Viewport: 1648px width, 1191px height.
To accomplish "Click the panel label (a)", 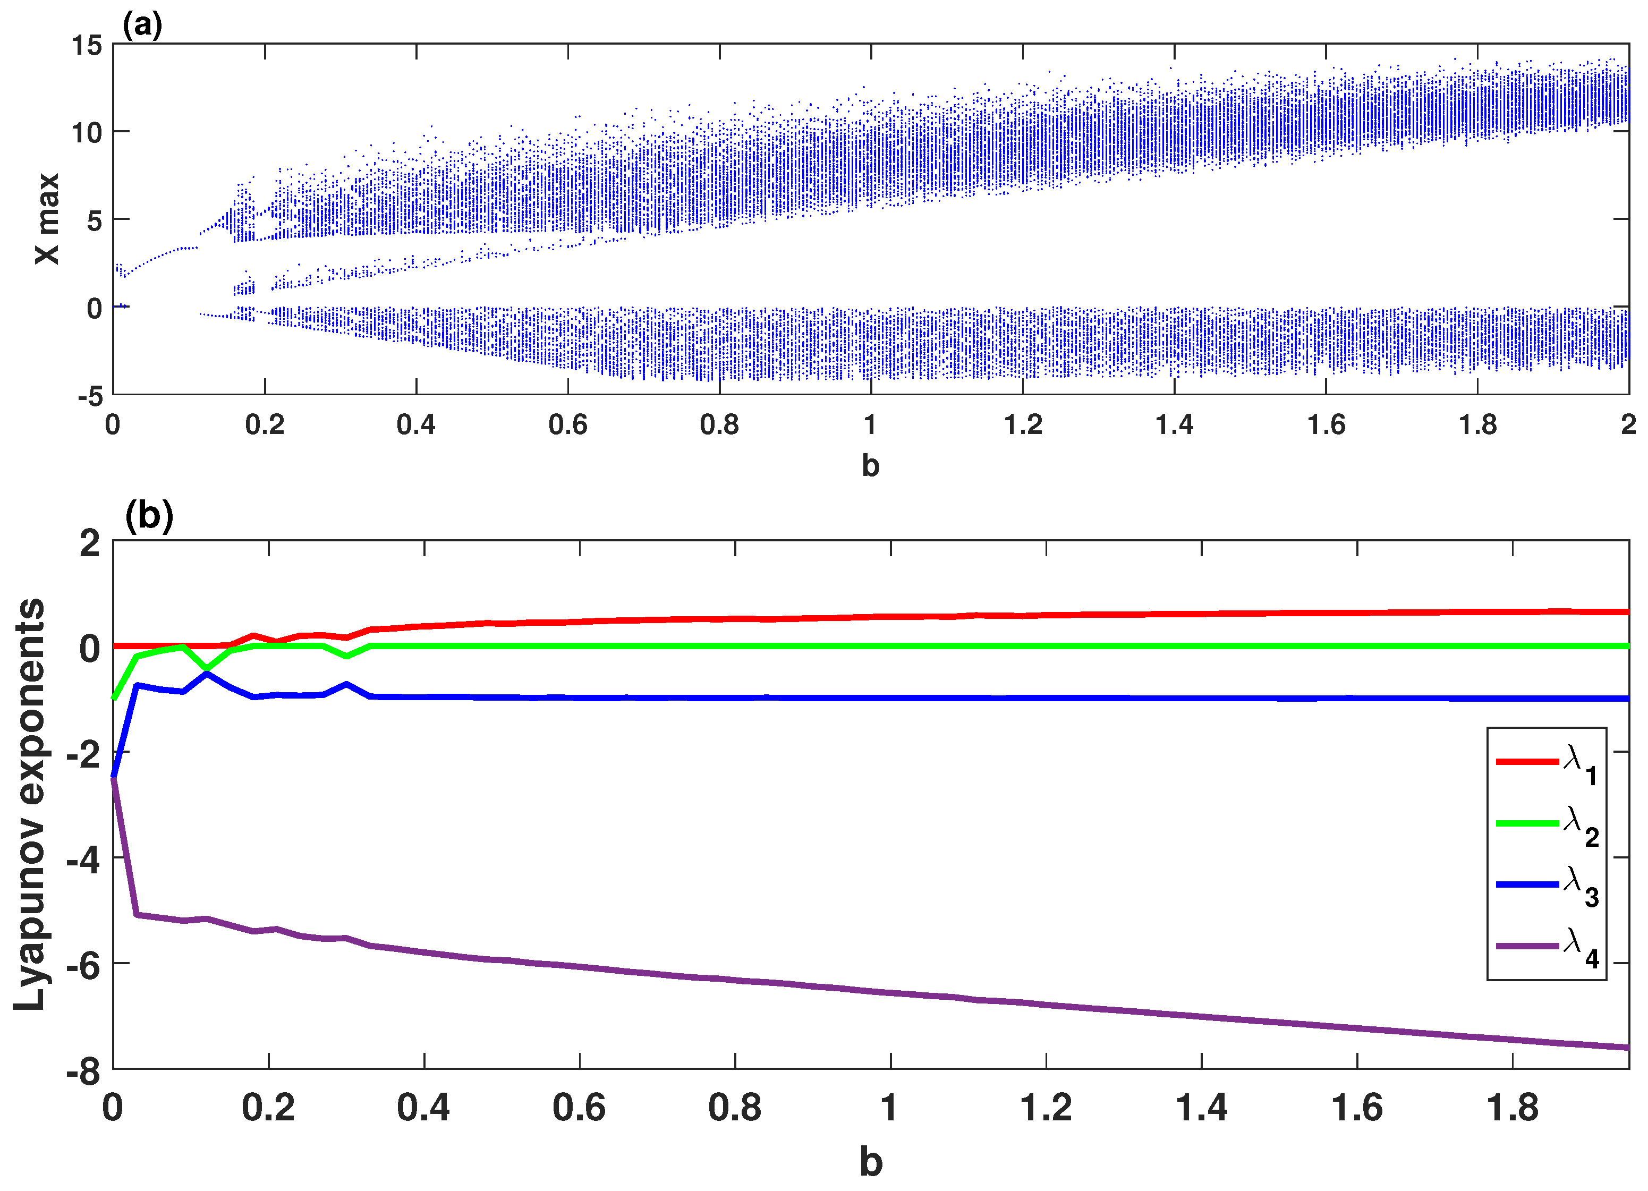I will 142,25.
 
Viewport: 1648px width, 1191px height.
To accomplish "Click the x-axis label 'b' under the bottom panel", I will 871,1161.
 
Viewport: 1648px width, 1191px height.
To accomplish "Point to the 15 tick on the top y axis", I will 87,45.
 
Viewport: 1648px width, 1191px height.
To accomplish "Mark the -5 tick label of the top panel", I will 90,396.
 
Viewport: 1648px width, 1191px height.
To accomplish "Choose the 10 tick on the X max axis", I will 87,133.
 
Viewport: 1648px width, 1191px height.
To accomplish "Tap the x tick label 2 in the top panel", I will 1628,424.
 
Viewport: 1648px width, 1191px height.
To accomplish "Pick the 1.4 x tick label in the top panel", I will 1174,424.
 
